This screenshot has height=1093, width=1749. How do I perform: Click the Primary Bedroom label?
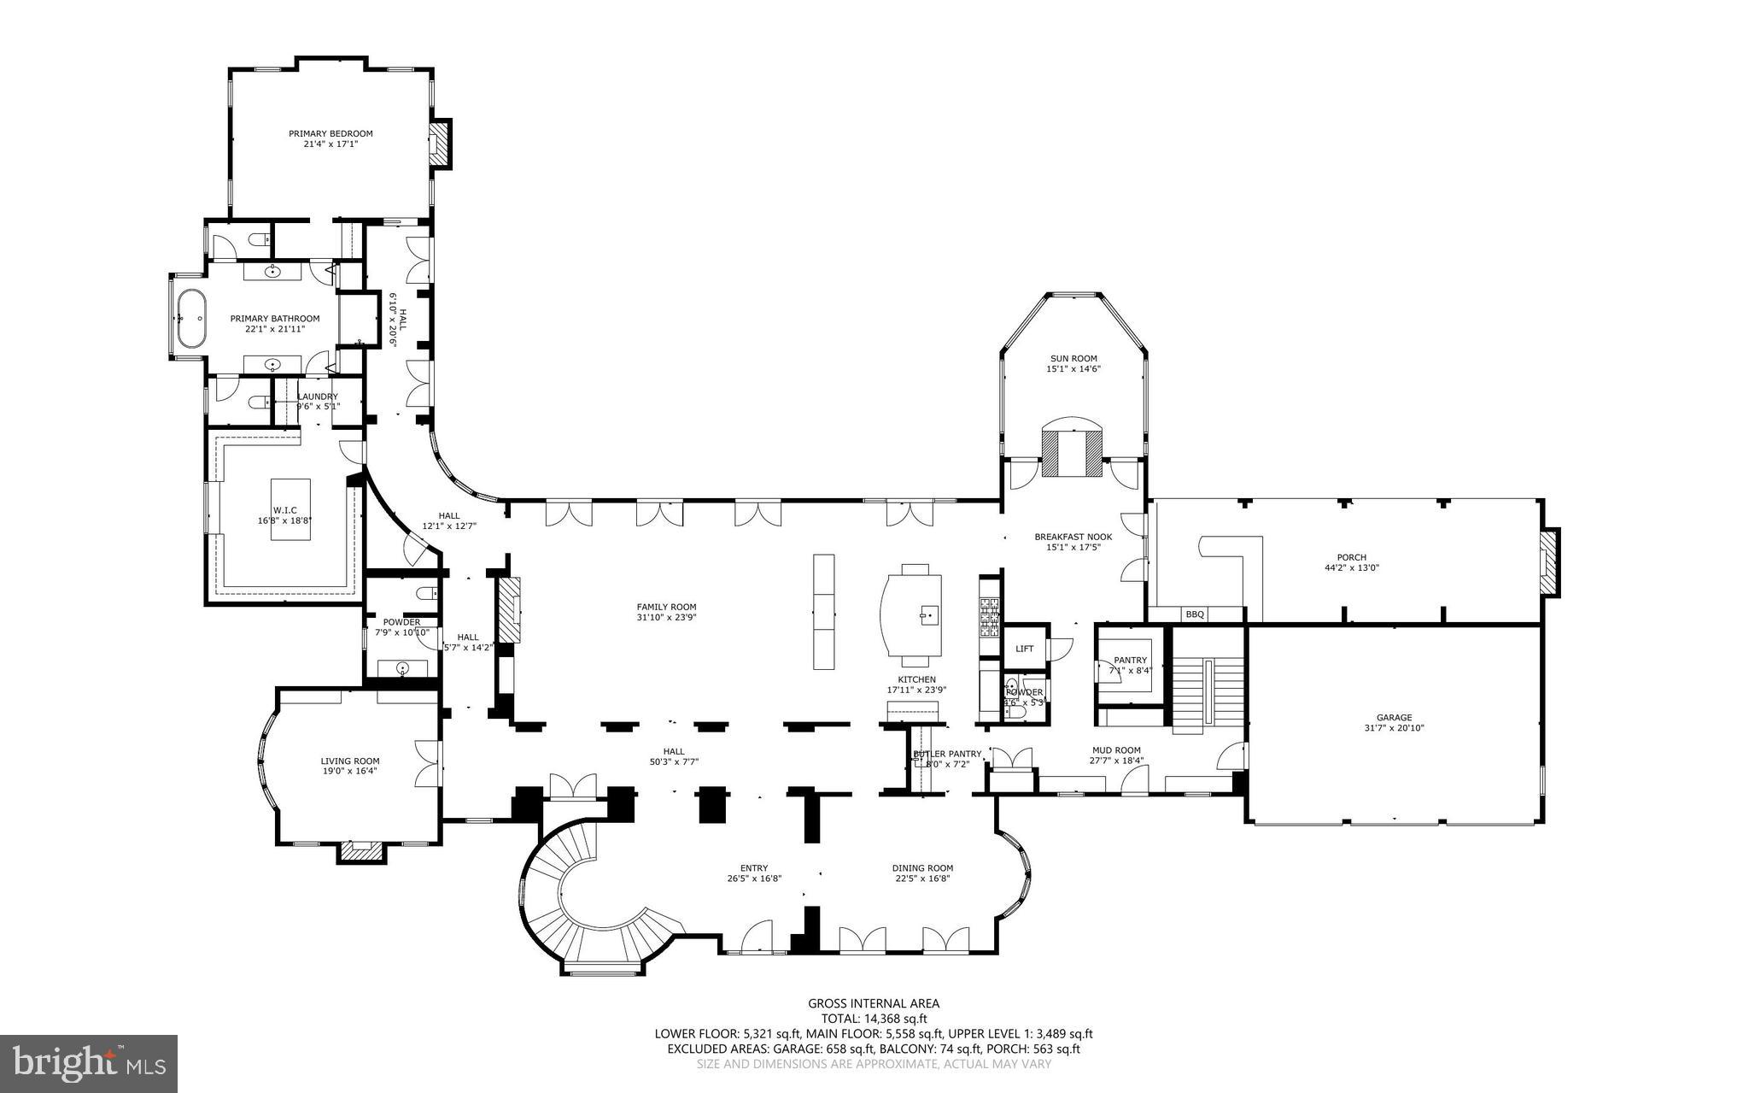pyautogui.click(x=330, y=134)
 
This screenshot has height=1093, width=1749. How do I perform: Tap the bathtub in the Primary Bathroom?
pyautogui.click(x=190, y=318)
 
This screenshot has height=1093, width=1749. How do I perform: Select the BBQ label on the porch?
pyautogui.click(x=1194, y=614)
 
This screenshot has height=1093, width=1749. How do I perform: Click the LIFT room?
pyautogui.click(x=1024, y=649)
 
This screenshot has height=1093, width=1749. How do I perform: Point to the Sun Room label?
pyautogui.click(x=1073, y=359)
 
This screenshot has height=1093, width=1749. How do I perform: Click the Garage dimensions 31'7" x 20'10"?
pyautogui.click(x=1394, y=728)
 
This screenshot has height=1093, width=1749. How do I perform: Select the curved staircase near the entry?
pyautogui.click(x=589, y=906)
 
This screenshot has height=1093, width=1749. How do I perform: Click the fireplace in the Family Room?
pyautogui.click(x=510, y=609)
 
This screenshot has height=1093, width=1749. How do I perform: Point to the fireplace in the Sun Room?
pyautogui.click(x=1072, y=453)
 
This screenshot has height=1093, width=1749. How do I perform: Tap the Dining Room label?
pyautogui.click(x=922, y=867)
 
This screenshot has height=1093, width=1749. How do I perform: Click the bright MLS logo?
pyautogui.click(x=88, y=1063)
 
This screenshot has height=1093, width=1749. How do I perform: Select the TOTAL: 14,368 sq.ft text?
pyautogui.click(x=874, y=1019)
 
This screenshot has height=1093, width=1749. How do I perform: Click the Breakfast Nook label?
pyautogui.click(x=1073, y=537)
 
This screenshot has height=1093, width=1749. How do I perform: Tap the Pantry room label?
pyautogui.click(x=1130, y=660)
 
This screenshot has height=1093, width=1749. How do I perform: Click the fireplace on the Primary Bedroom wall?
pyautogui.click(x=439, y=144)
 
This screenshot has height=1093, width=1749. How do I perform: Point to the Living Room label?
pyautogui.click(x=349, y=761)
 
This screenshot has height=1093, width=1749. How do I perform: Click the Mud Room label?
pyautogui.click(x=1115, y=750)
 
